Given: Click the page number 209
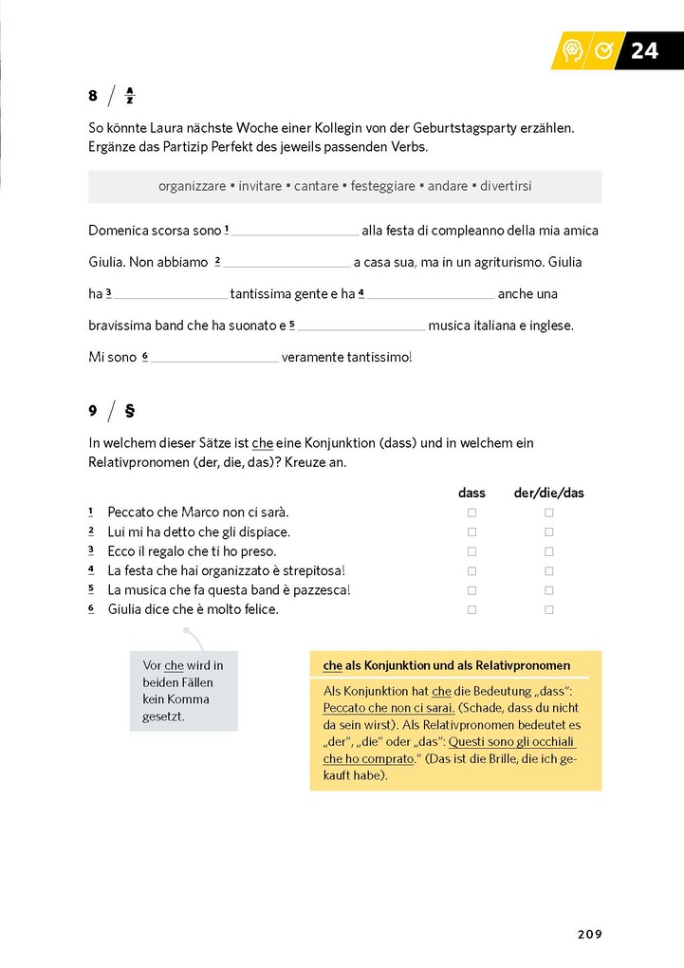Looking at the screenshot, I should tap(589, 934).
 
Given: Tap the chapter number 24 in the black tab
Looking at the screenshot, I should tap(644, 51).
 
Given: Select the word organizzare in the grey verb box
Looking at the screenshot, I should tap(193, 186).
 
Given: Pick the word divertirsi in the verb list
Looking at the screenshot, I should tap(506, 186).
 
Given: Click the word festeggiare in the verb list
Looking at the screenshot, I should tap(382, 186).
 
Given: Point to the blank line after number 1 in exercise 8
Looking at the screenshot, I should tap(295, 232).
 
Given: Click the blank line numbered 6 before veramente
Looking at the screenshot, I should tap(214, 359).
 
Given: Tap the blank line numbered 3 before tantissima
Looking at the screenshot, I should tap(171, 295).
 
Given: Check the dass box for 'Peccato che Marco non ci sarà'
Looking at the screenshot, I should tap(471, 512).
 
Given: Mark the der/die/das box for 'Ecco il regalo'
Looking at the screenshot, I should tap(548, 551).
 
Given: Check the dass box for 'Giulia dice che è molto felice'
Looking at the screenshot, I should tap(471, 610).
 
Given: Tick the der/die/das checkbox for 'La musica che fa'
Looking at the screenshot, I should tap(548, 590).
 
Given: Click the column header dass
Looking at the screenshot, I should tap(471, 493).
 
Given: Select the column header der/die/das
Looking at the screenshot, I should tap(548, 493).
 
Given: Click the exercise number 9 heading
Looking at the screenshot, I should tap(93, 411).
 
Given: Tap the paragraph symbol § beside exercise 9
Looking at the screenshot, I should tap(130, 411).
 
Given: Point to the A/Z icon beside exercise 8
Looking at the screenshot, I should tap(130, 95).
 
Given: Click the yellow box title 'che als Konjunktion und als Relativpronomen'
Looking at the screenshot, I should tap(446, 665).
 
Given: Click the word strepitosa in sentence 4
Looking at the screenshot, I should tap(310, 570).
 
